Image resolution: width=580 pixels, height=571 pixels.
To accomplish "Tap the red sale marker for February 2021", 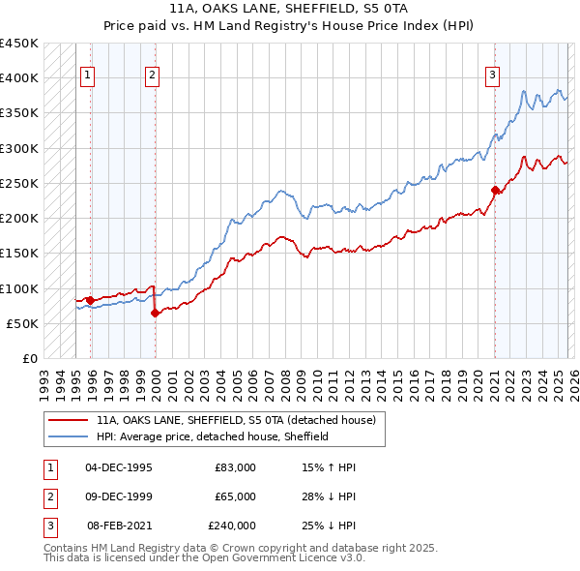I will pos(495,190).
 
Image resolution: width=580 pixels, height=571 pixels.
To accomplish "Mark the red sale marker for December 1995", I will pos(90,300).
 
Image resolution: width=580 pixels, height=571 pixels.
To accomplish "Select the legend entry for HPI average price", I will pos(213,436).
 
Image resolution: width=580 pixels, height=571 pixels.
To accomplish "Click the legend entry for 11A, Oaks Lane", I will pos(241,420).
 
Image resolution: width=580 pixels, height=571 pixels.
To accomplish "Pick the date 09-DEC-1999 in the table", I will pos(119,496).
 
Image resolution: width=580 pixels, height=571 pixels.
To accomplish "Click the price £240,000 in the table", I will pos(231,526).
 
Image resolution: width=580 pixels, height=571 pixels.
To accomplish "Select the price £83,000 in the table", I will pos(235,467).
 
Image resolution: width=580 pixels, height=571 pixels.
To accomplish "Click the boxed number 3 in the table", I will pos(47,526).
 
